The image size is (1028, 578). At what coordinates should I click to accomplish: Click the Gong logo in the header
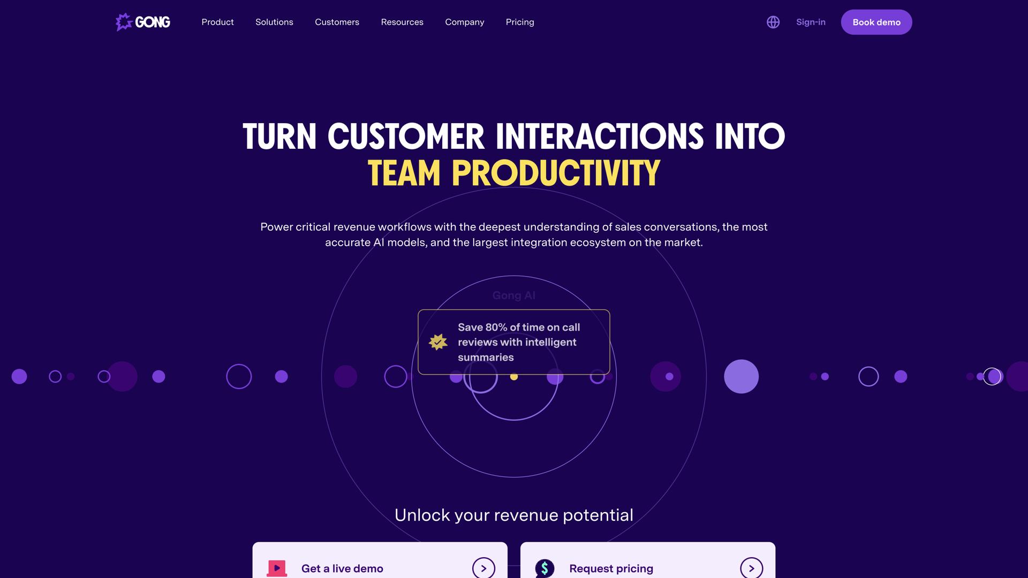pos(143,22)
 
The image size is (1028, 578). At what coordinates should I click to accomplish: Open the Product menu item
pos(217,22)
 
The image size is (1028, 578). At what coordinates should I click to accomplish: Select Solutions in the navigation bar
pos(274,22)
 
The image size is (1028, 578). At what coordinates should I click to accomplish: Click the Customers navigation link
pos(337,22)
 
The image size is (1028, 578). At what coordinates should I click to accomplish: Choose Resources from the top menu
pos(402,22)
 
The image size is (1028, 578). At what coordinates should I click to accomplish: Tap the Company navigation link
pos(464,22)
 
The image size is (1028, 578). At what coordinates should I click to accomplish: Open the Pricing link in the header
pos(520,22)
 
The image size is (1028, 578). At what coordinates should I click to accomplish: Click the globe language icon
pos(773,22)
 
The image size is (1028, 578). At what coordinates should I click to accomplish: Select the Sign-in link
pos(811,22)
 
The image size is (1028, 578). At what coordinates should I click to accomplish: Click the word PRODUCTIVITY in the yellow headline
pos(556,173)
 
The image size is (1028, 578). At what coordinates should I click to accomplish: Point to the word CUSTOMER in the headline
pos(406,136)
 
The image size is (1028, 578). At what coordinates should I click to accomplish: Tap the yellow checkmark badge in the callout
pos(438,342)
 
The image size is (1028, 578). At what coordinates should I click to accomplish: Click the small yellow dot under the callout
pos(514,377)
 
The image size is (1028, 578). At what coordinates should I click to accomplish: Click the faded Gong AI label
pos(514,295)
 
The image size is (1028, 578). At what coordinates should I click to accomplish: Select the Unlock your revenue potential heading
pos(514,515)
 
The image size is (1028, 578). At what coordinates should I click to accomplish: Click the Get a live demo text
pos(342,568)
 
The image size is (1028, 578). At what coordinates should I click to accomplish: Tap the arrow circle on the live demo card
pos(483,568)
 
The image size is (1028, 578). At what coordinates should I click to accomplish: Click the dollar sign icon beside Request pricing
pos(545,568)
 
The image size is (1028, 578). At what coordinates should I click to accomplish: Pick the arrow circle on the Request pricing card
pos(751,568)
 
